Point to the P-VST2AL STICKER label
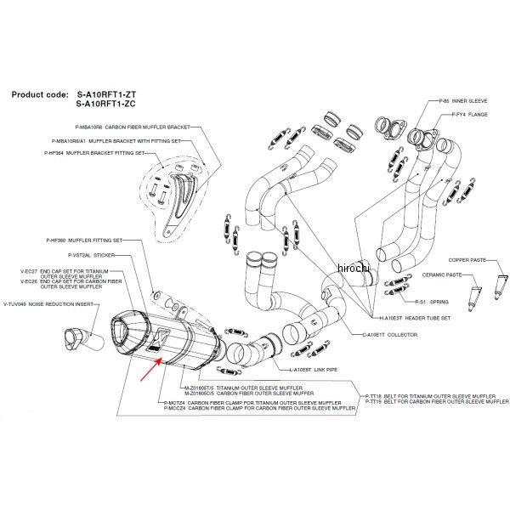pyautogui.click(x=93, y=254)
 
